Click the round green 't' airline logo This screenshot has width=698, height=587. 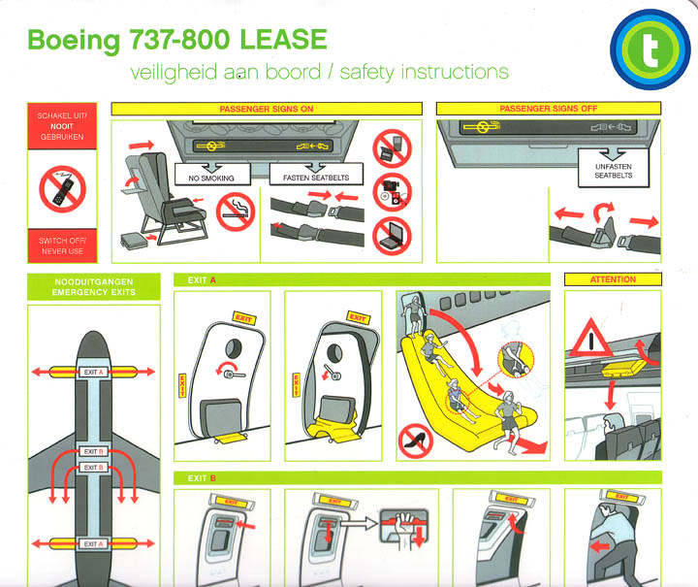pyautogui.click(x=650, y=48)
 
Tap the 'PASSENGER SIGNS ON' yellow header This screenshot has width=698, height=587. pyautogui.click(x=266, y=109)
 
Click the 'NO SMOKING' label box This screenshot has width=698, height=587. pyautogui.click(x=210, y=178)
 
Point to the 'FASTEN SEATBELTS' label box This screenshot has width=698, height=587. pyautogui.click(x=316, y=178)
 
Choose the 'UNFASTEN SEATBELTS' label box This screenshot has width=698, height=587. pyautogui.click(x=612, y=170)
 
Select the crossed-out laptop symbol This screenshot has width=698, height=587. pyautogui.click(x=392, y=233)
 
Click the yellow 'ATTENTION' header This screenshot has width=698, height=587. pyautogui.click(x=612, y=279)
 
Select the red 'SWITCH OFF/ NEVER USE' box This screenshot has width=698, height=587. pyautogui.click(x=61, y=245)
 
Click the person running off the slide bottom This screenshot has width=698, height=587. pyautogui.click(x=506, y=423)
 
